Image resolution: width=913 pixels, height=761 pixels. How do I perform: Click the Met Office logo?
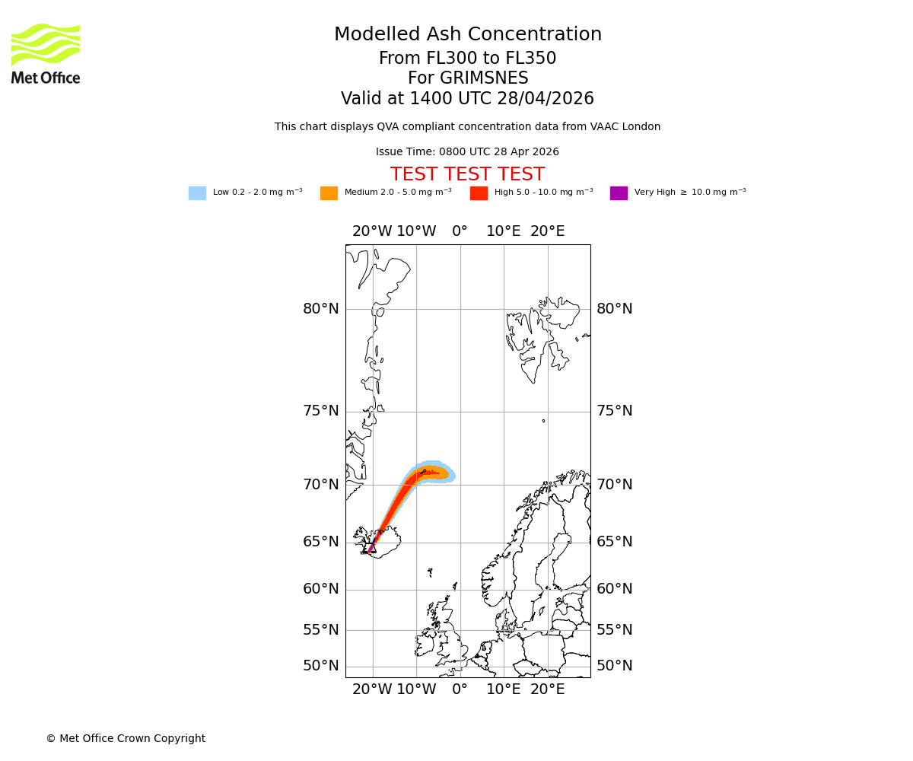pyautogui.click(x=46, y=53)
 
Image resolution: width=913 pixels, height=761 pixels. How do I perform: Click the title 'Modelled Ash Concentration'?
pyautogui.click(x=468, y=35)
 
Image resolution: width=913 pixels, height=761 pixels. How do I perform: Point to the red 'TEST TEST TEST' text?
pyautogui.click(x=467, y=174)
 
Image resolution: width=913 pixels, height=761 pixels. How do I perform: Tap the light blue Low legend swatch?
pyautogui.click(x=197, y=193)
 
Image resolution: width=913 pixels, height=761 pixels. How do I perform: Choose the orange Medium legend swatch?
pyautogui.click(x=329, y=193)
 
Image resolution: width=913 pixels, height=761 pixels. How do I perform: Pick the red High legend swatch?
pyautogui.click(x=479, y=193)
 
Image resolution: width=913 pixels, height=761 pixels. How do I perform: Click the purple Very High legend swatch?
pyautogui.click(x=619, y=193)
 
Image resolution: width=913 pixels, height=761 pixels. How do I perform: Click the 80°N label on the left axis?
pyautogui.click(x=321, y=309)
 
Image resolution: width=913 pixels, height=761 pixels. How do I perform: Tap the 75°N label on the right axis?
pyautogui.click(x=615, y=411)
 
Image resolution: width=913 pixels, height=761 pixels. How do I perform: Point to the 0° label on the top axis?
pyautogui.click(x=460, y=231)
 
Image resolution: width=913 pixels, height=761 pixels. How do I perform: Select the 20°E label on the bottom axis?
pyautogui.click(x=547, y=689)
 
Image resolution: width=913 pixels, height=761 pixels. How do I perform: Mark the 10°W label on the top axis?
pyautogui.click(x=416, y=231)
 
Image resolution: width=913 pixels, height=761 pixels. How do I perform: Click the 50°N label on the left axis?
pyautogui.click(x=321, y=666)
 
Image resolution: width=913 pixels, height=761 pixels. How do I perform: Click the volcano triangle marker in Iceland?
pyautogui.click(x=371, y=548)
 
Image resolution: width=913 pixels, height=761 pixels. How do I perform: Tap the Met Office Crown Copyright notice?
pyautogui.click(x=126, y=738)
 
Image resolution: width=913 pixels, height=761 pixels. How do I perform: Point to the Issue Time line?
pyautogui.click(x=467, y=151)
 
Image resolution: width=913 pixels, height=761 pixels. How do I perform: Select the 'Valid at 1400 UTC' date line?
pyautogui.click(x=467, y=99)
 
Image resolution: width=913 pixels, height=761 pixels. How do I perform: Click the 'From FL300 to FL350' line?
pyautogui.click(x=467, y=59)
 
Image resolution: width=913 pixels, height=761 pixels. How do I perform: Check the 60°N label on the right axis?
pyautogui.click(x=615, y=589)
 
